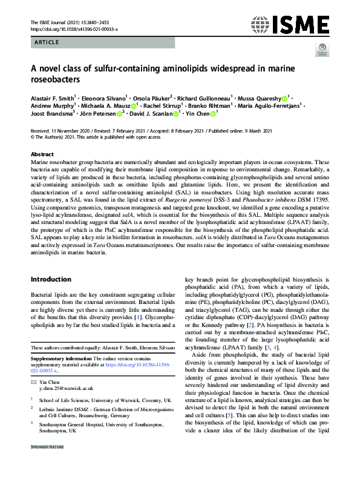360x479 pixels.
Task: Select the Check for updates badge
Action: tap(321, 52)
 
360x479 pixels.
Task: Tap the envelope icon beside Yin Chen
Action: tap(33, 383)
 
